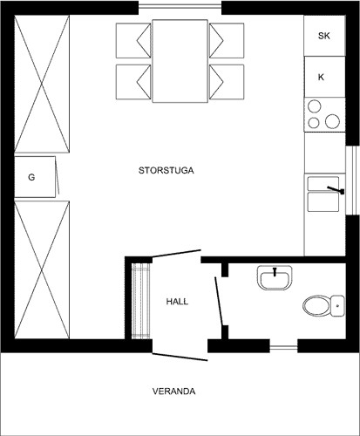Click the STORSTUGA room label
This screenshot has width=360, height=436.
tap(166, 170)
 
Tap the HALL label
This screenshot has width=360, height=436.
tap(177, 302)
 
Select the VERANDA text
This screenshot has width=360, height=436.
tap(173, 392)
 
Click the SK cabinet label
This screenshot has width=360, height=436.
tap(324, 36)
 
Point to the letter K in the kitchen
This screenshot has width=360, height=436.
tap(321, 77)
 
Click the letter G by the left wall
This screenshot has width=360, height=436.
tap(31, 177)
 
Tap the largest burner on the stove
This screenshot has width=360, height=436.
tap(332, 121)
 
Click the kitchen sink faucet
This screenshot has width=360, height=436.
tap(336, 190)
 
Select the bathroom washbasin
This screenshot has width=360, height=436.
tap(275, 277)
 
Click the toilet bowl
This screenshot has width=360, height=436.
tap(316, 306)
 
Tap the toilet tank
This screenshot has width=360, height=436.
tap(337, 306)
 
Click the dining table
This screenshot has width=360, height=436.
tap(180, 61)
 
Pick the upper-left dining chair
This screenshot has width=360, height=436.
tap(133, 40)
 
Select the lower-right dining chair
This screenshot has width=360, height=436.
tap(227, 82)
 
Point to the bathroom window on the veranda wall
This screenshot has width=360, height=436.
tap(283, 347)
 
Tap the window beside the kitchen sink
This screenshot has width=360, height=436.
tap(352, 181)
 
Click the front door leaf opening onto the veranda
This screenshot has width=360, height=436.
tap(180, 357)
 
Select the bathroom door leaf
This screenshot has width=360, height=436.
tap(219, 302)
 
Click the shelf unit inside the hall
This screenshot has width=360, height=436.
tap(141, 301)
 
